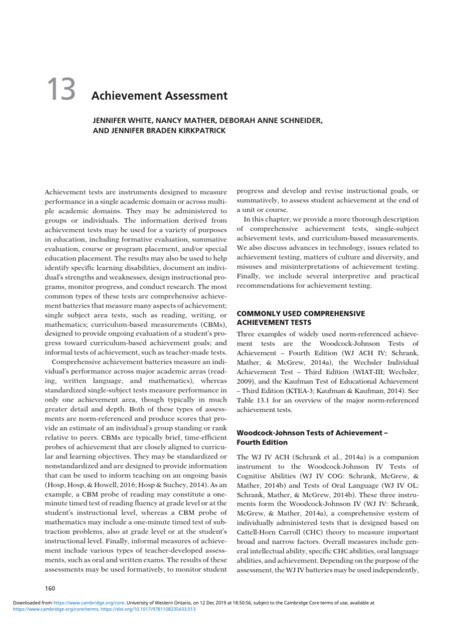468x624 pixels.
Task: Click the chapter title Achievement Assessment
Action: click(159, 96)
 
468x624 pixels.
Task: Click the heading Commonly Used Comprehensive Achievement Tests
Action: click(300, 317)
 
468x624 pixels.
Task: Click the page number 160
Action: click(51, 587)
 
